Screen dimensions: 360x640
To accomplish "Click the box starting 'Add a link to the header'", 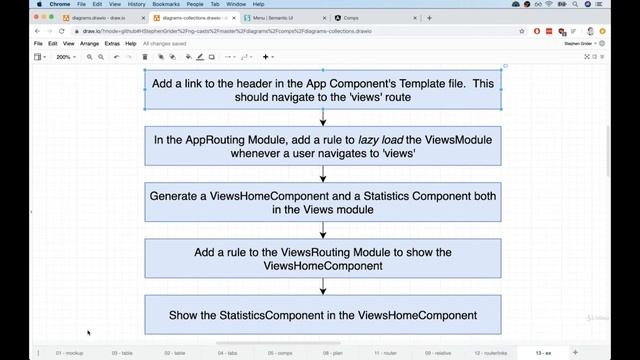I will tap(323, 90).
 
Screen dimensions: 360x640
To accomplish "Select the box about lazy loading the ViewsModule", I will tap(323, 147).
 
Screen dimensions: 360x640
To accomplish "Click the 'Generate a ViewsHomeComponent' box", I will tap(323, 203).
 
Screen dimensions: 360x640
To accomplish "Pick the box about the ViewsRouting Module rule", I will tap(323, 259).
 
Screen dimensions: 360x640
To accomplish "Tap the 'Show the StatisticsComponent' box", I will tap(323, 315).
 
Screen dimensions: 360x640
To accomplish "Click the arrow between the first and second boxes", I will tap(323, 118).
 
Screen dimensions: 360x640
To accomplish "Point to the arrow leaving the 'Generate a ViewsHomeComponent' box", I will tap(323, 230).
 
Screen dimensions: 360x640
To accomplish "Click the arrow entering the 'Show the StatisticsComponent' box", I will tap(323, 287).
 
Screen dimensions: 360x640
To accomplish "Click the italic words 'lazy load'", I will tap(381, 140).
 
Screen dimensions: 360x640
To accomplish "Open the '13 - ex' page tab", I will tap(543, 352).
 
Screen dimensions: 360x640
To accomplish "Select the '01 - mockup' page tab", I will tap(71, 352).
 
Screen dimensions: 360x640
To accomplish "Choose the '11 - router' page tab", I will tap(384, 352).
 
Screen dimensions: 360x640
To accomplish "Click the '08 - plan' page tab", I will tap(331, 352).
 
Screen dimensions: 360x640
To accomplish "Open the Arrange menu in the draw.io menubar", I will tap(89, 44).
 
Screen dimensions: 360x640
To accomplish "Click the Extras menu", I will tap(112, 44).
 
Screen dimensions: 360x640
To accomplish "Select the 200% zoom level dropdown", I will tap(66, 57).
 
